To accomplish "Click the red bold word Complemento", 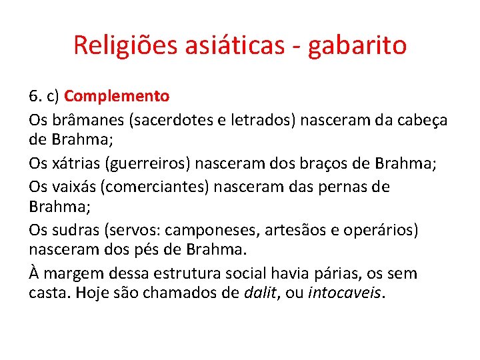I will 117,96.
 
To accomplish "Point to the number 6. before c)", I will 35,96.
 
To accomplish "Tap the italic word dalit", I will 259,292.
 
